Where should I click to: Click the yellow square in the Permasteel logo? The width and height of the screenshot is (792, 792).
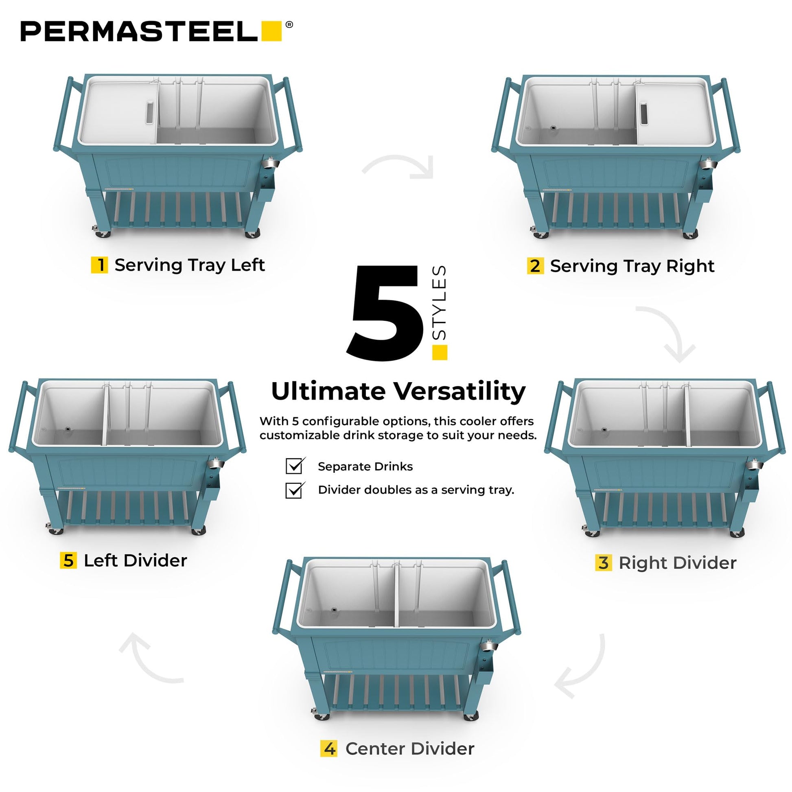(x=271, y=31)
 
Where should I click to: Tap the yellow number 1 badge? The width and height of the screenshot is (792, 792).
(x=99, y=265)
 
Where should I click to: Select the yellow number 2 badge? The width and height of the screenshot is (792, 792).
(x=535, y=266)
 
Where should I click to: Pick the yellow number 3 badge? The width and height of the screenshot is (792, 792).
(x=604, y=562)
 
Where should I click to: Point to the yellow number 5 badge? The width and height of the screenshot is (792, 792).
(x=68, y=560)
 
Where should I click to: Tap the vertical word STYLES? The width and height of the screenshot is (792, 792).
(x=440, y=302)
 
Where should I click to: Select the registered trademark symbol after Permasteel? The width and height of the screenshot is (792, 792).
(x=289, y=24)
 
